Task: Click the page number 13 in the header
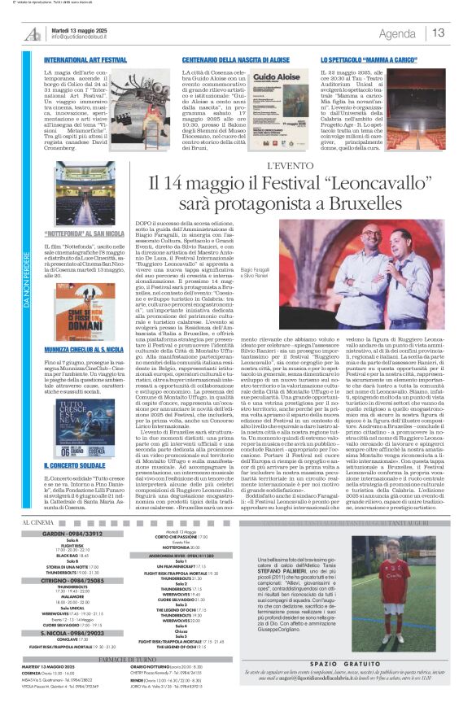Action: tap(438, 33)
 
